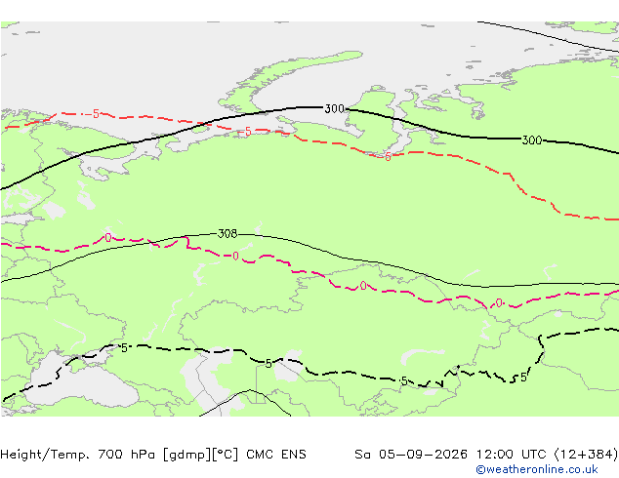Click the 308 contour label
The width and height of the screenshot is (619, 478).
click(227, 234)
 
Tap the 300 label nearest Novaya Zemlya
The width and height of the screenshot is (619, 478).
click(334, 108)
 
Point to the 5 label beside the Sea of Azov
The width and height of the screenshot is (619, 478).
click(124, 348)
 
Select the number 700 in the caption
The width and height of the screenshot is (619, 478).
click(110, 455)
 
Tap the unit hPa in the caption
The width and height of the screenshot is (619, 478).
click(144, 455)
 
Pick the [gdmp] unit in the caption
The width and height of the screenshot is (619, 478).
click(187, 455)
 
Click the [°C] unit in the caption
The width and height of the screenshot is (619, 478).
click(226, 455)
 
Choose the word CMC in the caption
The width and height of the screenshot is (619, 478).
click(260, 455)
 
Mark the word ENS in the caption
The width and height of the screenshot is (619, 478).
click(293, 455)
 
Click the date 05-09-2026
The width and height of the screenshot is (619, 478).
click(423, 455)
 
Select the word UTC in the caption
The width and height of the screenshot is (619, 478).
click(534, 455)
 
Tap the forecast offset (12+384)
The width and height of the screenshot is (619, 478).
click(587, 455)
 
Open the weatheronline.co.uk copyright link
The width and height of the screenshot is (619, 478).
click(537, 469)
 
